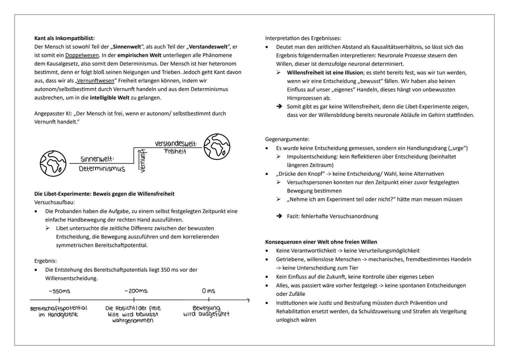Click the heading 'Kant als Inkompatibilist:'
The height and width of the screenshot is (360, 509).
pyautogui.click(x=64, y=38)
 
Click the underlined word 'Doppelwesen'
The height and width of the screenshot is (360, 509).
pyautogui.click(x=82, y=55)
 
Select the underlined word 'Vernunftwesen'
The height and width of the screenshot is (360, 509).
pyautogui.click(x=95, y=81)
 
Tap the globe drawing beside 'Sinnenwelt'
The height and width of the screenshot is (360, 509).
pyautogui.click(x=53, y=163)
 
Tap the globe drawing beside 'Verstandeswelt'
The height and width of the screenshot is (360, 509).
pyautogui.click(x=217, y=147)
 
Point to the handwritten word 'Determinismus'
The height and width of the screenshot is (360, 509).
pyautogui.click(x=102, y=169)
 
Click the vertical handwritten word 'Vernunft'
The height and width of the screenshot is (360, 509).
pyautogui.click(x=143, y=161)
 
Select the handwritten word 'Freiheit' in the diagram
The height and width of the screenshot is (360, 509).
pyautogui.click(x=175, y=152)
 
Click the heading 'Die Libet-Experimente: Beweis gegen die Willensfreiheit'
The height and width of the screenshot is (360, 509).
pyautogui.click(x=104, y=194)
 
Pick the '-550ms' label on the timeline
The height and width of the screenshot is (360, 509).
pyautogui.click(x=59, y=291)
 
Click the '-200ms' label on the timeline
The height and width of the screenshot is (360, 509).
pyautogui.click(x=136, y=291)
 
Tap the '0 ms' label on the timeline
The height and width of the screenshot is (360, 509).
pyautogui.click(x=208, y=291)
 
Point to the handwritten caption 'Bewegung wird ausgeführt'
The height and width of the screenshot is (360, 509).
pyautogui.click(x=206, y=311)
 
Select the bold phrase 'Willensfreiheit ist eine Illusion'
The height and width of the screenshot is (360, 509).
pyautogui.click(x=325, y=73)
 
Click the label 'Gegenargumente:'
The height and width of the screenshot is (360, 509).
pyautogui.click(x=287, y=139)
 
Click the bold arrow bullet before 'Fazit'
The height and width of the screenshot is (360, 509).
pyautogui.click(x=279, y=216)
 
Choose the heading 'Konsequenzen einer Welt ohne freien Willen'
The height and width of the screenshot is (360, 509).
pyautogui.click(x=321, y=242)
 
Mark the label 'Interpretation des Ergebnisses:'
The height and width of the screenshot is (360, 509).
pyautogui.click(x=303, y=38)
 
